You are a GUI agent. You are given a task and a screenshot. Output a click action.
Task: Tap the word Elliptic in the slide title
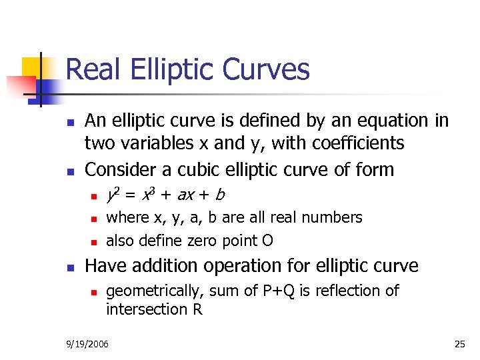[169, 70]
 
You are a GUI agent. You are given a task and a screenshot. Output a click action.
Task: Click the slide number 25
[459, 344]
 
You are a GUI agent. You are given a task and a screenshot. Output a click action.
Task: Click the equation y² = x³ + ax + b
[165, 195]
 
